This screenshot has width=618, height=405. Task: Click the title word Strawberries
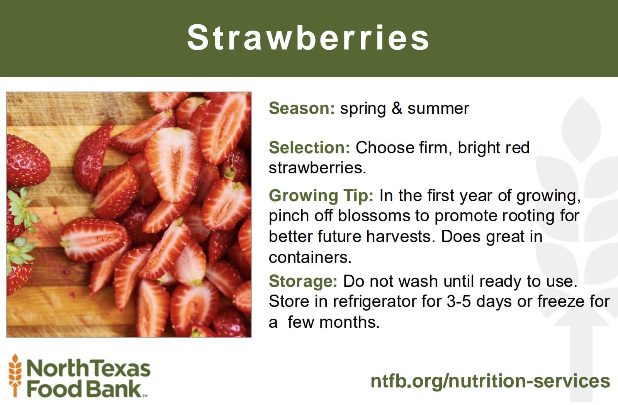308,37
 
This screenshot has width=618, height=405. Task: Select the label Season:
302,108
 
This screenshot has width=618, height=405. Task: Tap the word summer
438,108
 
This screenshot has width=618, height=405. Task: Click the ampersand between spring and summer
397,108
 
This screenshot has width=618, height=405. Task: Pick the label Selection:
309,147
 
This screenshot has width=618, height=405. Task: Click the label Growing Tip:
321,196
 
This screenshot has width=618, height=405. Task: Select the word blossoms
374,216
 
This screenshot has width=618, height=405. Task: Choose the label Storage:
303,281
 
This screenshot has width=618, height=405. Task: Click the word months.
350,322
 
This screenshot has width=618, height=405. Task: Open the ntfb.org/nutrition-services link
490,381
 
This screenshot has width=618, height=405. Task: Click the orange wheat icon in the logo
15,376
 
